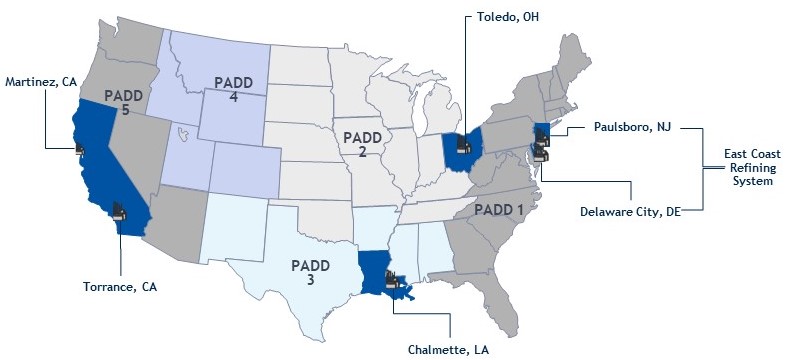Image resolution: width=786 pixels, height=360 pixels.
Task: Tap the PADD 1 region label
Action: [x=500, y=210]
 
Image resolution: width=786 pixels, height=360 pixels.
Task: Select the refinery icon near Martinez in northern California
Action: [x=80, y=149]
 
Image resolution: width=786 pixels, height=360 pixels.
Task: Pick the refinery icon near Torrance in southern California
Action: [x=119, y=210]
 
